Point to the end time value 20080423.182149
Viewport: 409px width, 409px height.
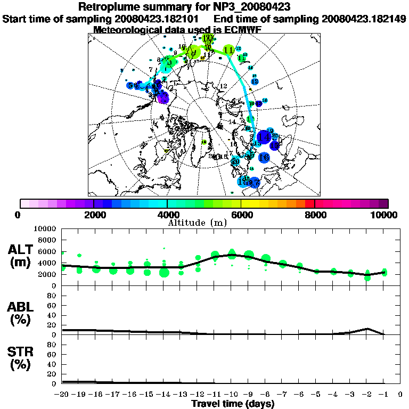[364, 19]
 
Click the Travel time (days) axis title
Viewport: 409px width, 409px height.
[232, 404]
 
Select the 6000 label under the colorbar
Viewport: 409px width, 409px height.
[241, 215]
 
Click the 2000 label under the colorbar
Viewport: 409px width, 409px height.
[94, 215]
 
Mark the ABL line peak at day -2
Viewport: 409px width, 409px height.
[367, 329]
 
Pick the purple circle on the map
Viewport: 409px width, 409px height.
[163, 98]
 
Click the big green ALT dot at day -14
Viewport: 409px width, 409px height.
[164, 273]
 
